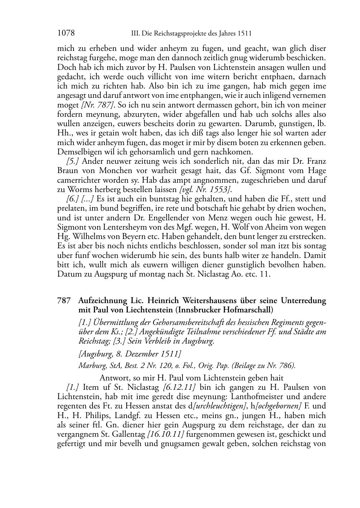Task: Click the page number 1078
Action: pyautogui.click(x=66, y=33)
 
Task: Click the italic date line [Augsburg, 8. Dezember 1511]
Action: pyautogui.click(x=129, y=354)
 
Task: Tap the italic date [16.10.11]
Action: pyautogui.click(x=166, y=435)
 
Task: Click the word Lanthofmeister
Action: pyautogui.click(x=257, y=397)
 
